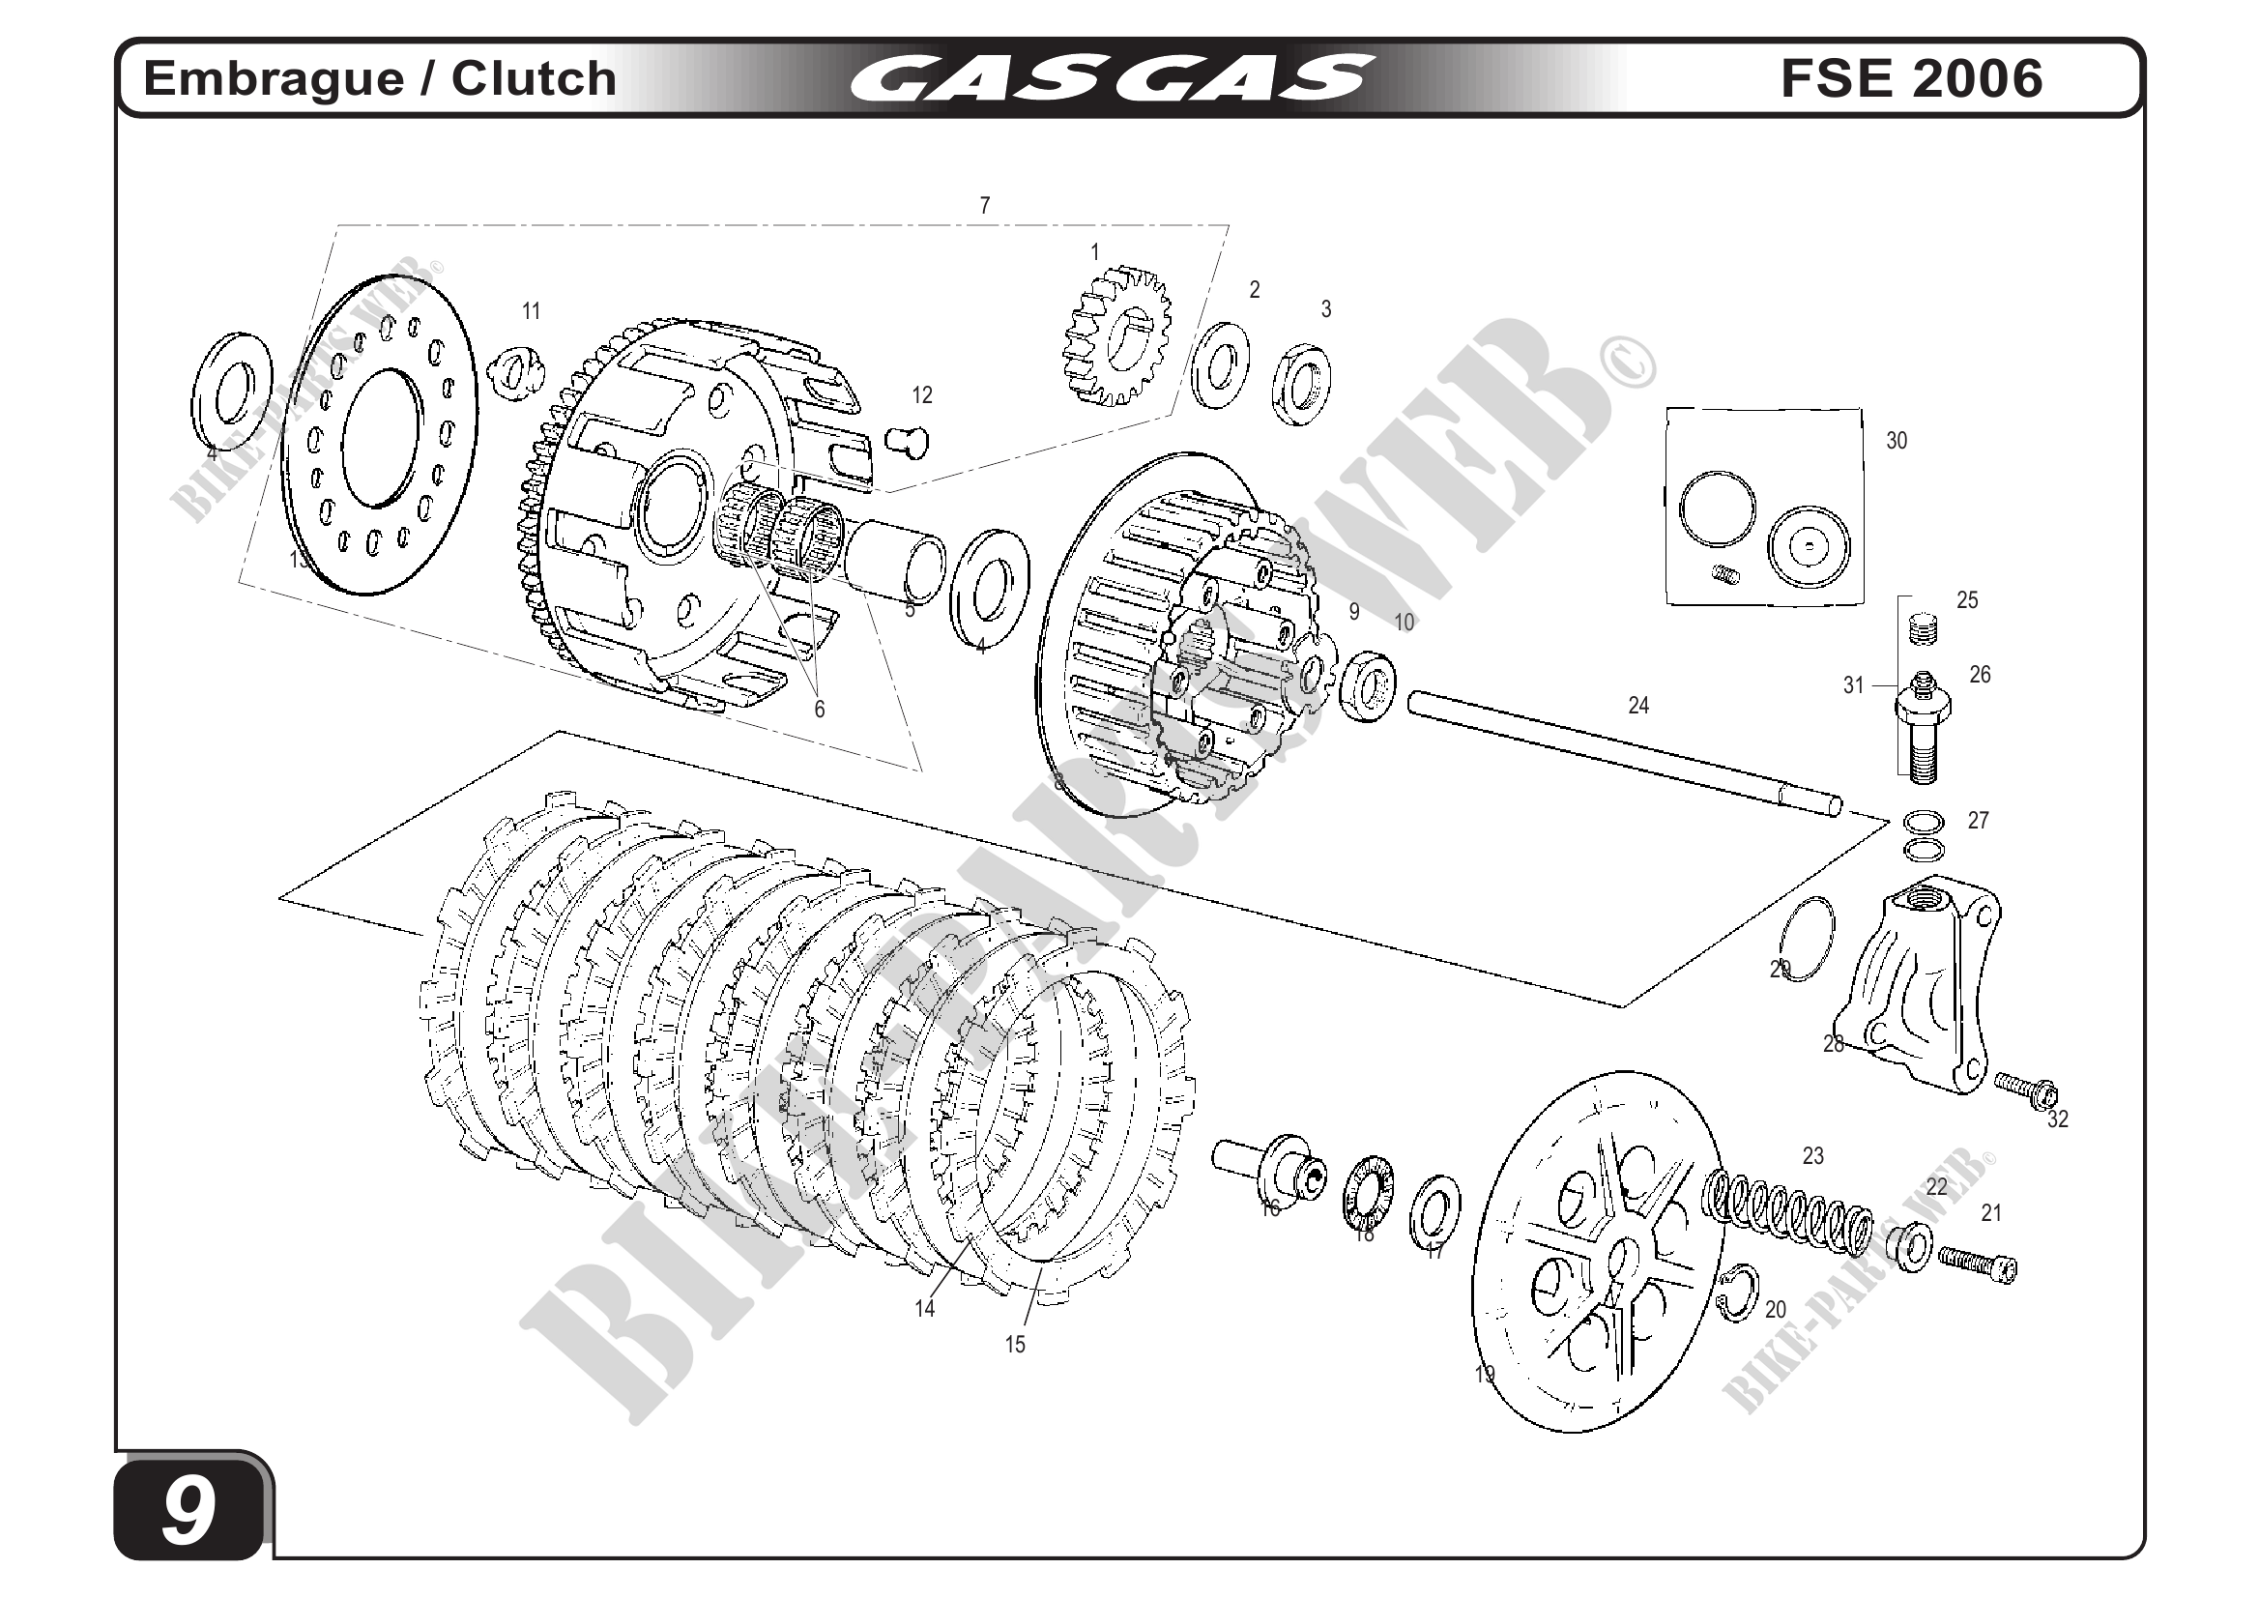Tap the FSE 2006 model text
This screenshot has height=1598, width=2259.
point(1911,78)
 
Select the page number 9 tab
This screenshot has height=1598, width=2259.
point(189,1510)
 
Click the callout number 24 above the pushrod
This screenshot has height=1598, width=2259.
point(1638,705)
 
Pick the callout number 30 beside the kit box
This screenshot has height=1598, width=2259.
point(1896,441)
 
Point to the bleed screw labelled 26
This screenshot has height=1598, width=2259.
point(1923,726)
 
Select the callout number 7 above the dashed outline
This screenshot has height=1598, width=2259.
point(984,206)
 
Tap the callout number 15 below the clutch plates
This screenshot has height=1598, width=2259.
point(1014,1344)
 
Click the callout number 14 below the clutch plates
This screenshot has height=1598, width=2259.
point(924,1309)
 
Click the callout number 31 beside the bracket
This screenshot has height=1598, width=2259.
point(1853,684)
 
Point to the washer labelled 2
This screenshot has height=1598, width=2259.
point(1220,364)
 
